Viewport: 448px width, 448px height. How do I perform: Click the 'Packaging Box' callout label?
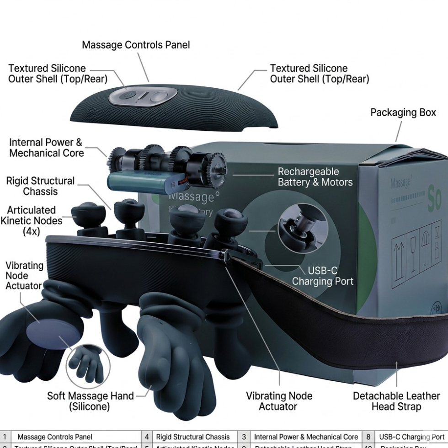(403, 112)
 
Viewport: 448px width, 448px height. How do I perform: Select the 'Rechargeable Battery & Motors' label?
(315, 177)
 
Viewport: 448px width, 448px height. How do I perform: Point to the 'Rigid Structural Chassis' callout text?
(40, 186)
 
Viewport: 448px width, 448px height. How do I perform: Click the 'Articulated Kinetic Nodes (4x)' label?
(31, 221)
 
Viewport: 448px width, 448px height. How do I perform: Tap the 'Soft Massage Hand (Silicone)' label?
(91, 401)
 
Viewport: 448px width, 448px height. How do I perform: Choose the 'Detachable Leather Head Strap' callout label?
(396, 401)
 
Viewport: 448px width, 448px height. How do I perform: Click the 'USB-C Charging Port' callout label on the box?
(323, 276)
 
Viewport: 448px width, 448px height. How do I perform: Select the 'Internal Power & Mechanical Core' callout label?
(46, 148)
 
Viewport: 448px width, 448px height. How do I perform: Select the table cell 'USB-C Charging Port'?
(411, 437)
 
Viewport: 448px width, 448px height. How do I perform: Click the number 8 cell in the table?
(368, 437)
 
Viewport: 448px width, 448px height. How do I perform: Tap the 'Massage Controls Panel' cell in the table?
(54, 437)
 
